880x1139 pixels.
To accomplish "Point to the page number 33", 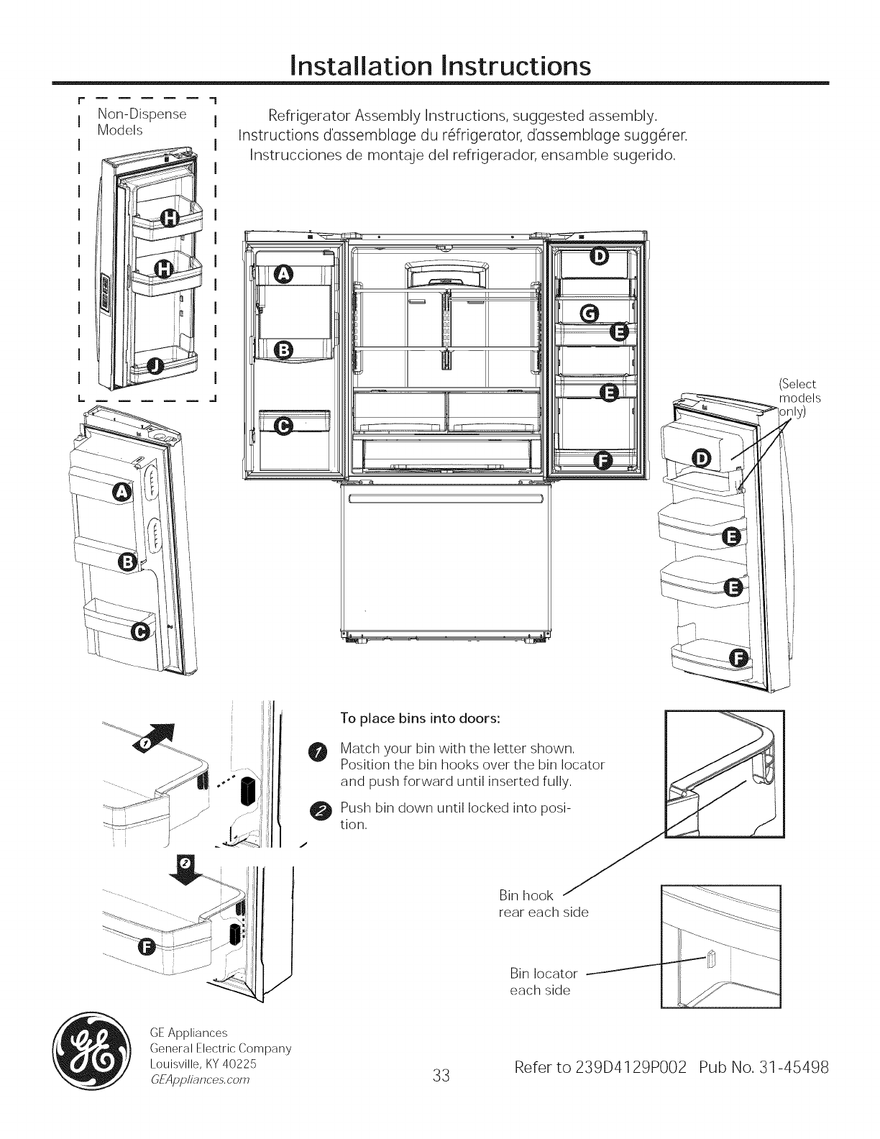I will coord(441,1076).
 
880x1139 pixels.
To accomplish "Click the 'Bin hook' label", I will coord(526,895).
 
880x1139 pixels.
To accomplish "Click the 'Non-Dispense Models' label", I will coord(142,122).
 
